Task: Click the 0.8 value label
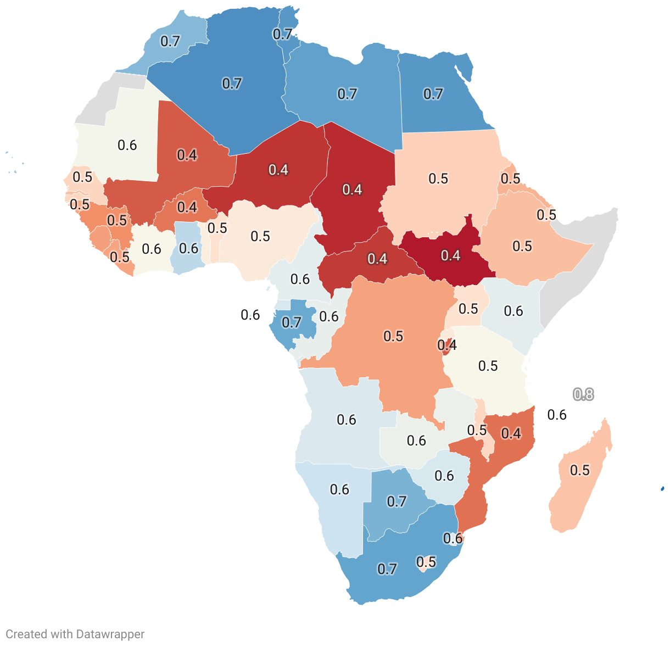pos(583,394)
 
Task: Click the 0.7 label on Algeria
pos(232,83)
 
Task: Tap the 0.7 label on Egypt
pos(433,94)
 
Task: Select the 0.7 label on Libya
pos(347,94)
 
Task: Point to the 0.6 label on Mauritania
pos(127,145)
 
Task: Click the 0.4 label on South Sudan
pos(450,255)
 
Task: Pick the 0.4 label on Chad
pos(352,189)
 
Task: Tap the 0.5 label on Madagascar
pos(579,470)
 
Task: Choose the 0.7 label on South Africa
pos(387,569)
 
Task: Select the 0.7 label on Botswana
pos(397,501)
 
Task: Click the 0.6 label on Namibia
pos(339,489)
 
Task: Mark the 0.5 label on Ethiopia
pos(522,246)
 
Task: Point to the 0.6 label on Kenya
pos(513,311)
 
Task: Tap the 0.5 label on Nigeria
pos(260,236)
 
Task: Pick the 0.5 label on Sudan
pos(438,179)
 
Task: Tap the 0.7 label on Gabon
pos(292,322)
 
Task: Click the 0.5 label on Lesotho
pos(426,562)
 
